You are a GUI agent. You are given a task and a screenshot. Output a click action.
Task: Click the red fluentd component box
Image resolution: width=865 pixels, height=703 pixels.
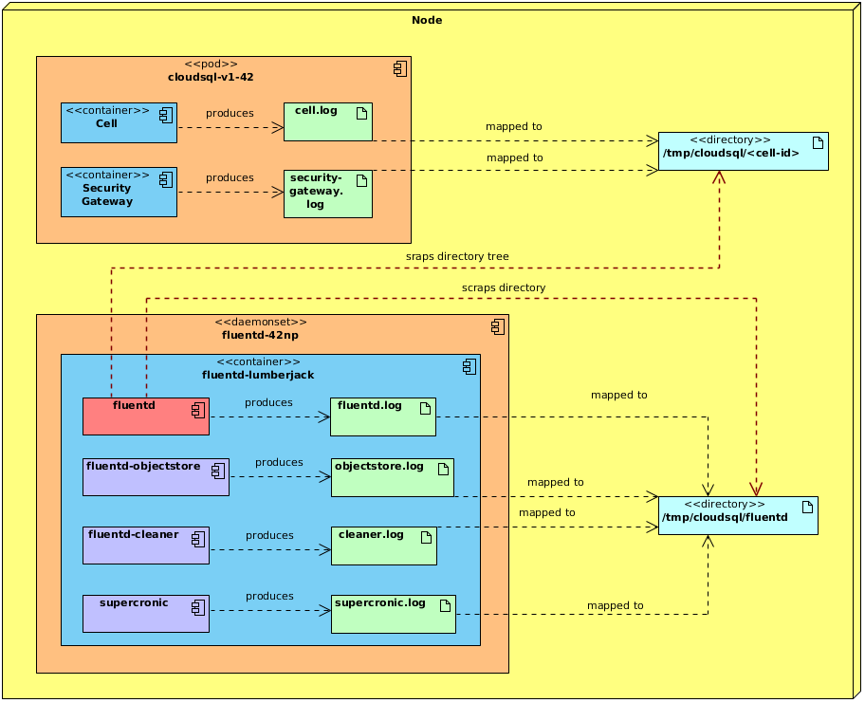point(145,416)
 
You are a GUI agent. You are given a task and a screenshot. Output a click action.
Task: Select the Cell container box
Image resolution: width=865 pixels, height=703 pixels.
point(119,123)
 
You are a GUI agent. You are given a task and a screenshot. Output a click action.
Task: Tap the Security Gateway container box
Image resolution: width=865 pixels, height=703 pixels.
point(119,192)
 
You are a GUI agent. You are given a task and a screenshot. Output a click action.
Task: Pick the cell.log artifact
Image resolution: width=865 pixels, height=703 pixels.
point(327,121)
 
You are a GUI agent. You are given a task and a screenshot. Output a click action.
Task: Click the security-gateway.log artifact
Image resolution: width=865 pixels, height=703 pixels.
point(327,194)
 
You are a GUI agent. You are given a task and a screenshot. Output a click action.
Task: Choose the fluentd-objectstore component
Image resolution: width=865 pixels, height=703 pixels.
point(156,477)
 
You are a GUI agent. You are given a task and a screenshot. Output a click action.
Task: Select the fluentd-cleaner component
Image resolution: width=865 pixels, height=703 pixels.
point(145,546)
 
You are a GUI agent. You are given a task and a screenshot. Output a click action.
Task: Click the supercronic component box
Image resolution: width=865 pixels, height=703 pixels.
point(145,614)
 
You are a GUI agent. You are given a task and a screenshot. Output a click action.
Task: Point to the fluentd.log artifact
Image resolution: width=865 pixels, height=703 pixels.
point(382,416)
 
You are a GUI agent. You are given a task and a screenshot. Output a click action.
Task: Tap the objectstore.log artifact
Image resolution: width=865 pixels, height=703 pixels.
point(392,477)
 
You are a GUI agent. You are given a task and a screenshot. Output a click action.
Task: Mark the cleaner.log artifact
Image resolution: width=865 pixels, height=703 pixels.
point(383,546)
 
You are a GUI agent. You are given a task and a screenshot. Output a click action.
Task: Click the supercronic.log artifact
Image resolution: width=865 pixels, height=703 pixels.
point(393,614)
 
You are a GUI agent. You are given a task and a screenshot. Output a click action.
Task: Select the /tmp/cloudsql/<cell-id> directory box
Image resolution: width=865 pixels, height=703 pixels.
point(743,152)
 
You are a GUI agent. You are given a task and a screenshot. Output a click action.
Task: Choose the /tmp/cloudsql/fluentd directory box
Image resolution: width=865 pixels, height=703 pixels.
point(738,515)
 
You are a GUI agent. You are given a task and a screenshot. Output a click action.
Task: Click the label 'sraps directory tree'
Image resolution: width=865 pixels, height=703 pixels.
point(457,256)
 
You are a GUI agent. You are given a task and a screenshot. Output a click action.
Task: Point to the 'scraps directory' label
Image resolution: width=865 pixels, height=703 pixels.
point(504,287)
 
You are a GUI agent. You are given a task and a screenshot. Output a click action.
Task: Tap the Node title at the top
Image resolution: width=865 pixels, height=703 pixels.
point(427,20)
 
